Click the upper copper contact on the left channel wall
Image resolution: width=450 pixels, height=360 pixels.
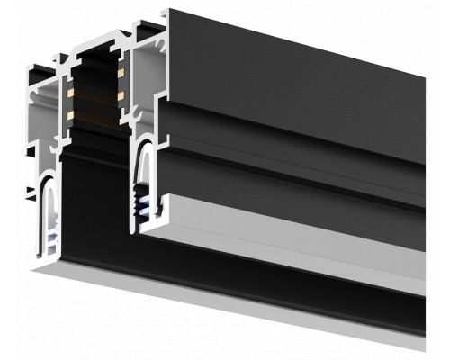pos(68,94)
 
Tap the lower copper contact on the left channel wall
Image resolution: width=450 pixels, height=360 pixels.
pos(68,116)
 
